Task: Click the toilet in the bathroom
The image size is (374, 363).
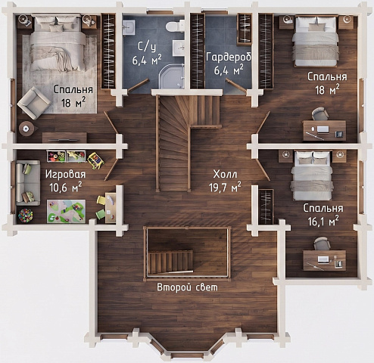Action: (175, 26)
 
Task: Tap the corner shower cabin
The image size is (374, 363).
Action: (171, 76)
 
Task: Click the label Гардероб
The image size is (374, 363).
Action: (229, 57)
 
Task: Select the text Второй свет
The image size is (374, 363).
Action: (187, 287)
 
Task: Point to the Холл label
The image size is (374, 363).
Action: (225, 174)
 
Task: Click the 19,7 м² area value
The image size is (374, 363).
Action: (225, 188)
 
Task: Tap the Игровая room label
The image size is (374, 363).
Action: (66, 175)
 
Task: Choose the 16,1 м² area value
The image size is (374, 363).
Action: (323, 221)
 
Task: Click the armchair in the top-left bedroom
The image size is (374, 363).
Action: (34, 103)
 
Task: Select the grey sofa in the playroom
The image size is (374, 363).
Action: (28, 182)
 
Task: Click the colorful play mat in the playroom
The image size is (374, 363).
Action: (66, 211)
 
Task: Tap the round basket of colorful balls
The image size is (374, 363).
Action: (26, 216)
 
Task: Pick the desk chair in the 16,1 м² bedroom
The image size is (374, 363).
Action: (322, 244)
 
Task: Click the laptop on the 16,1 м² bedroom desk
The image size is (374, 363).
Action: (323, 259)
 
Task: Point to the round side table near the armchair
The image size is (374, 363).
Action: (26, 129)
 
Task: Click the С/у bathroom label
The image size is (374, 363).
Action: (147, 47)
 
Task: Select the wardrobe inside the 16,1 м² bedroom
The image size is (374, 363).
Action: (266, 206)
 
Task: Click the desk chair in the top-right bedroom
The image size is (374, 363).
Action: (320, 114)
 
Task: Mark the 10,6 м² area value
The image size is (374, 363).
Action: (66, 188)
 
